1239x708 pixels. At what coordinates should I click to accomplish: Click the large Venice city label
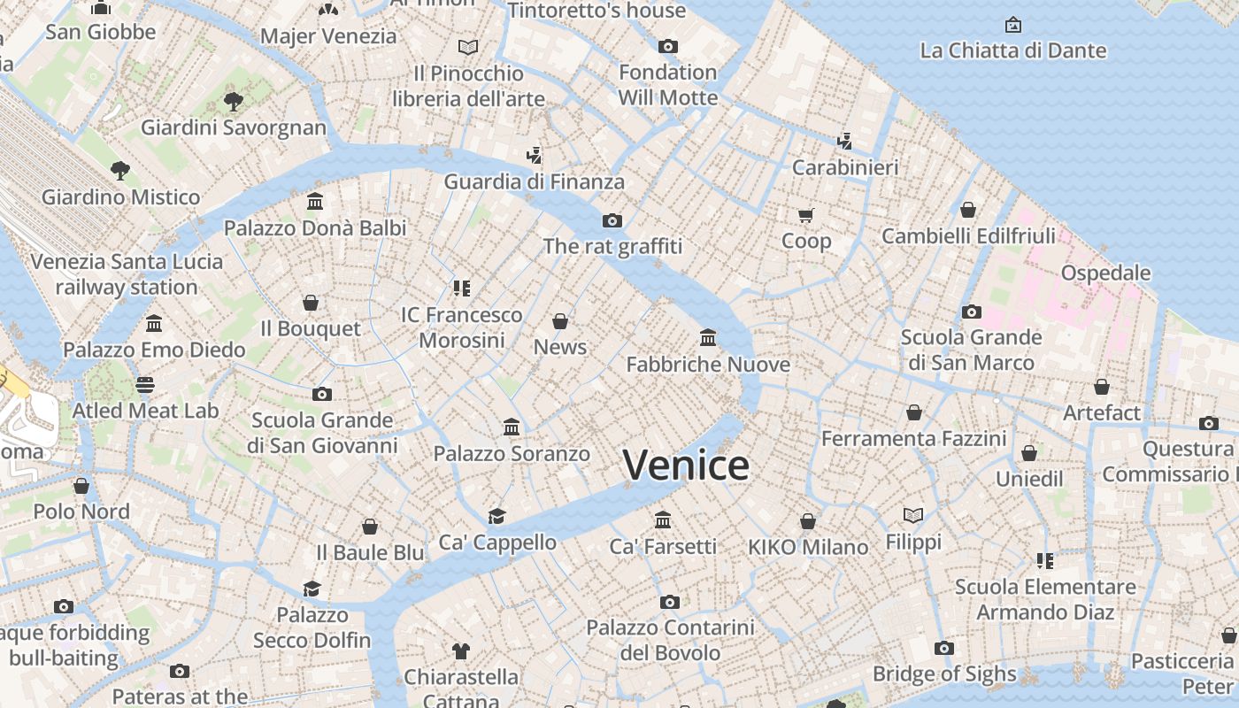point(686,466)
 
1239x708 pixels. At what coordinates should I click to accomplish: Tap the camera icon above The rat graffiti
point(612,220)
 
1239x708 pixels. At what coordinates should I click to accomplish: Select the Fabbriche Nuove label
point(708,364)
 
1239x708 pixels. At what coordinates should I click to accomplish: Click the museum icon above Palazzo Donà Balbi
point(315,202)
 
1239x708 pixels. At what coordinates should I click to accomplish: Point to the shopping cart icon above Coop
point(806,215)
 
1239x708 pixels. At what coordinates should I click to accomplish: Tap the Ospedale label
point(1105,273)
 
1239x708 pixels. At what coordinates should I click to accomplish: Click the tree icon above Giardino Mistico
point(120,170)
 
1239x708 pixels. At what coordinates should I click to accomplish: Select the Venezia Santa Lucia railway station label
point(127,274)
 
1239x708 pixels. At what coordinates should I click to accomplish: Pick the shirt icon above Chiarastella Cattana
point(460,651)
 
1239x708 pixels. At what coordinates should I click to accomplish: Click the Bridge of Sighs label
point(944,673)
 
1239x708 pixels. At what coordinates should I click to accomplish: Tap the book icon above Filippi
point(913,515)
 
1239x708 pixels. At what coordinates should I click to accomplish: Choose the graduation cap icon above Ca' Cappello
point(497,516)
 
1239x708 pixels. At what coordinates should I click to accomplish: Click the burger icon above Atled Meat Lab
point(145,385)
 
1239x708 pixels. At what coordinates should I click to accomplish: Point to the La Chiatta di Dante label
point(1013,50)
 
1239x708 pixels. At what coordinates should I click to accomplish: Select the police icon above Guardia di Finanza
point(534,156)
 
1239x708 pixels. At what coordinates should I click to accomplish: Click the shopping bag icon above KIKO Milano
point(808,521)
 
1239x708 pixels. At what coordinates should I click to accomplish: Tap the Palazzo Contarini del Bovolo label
point(670,640)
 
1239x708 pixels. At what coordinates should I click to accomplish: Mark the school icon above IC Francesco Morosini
point(461,288)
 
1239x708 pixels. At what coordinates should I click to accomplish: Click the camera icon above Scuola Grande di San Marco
point(972,312)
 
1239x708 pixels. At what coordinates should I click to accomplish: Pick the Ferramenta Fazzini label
point(913,438)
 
